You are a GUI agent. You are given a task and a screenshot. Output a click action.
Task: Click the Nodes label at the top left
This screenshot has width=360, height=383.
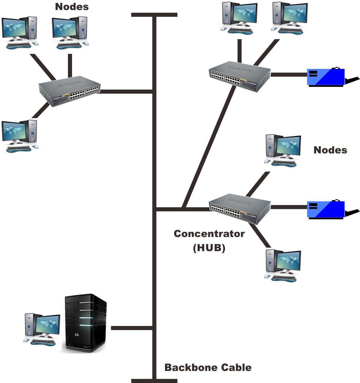(x=72, y=7)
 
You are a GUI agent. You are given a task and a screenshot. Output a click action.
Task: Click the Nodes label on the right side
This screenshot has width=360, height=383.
(x=330, y=150)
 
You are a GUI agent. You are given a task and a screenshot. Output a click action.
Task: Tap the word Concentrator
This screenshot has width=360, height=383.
(x=209, y=234)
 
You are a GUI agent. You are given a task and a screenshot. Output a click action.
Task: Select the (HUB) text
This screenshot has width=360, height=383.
(x=209, y=248)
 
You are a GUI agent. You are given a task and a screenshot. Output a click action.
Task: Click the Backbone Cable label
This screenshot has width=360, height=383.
(x=208, y=367)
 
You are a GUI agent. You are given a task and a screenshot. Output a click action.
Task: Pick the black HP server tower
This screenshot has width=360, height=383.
(x=85, y=323)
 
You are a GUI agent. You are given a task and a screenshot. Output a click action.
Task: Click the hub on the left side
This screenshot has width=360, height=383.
(x=70, y=91)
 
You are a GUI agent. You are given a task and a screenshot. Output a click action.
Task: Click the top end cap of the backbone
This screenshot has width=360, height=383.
(x=154, y=15)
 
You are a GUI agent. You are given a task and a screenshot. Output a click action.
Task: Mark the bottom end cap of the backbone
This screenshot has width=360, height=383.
(x=154, y=381)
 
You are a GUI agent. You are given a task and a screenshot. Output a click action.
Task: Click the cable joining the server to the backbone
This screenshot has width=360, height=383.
(x=131, y=328)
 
